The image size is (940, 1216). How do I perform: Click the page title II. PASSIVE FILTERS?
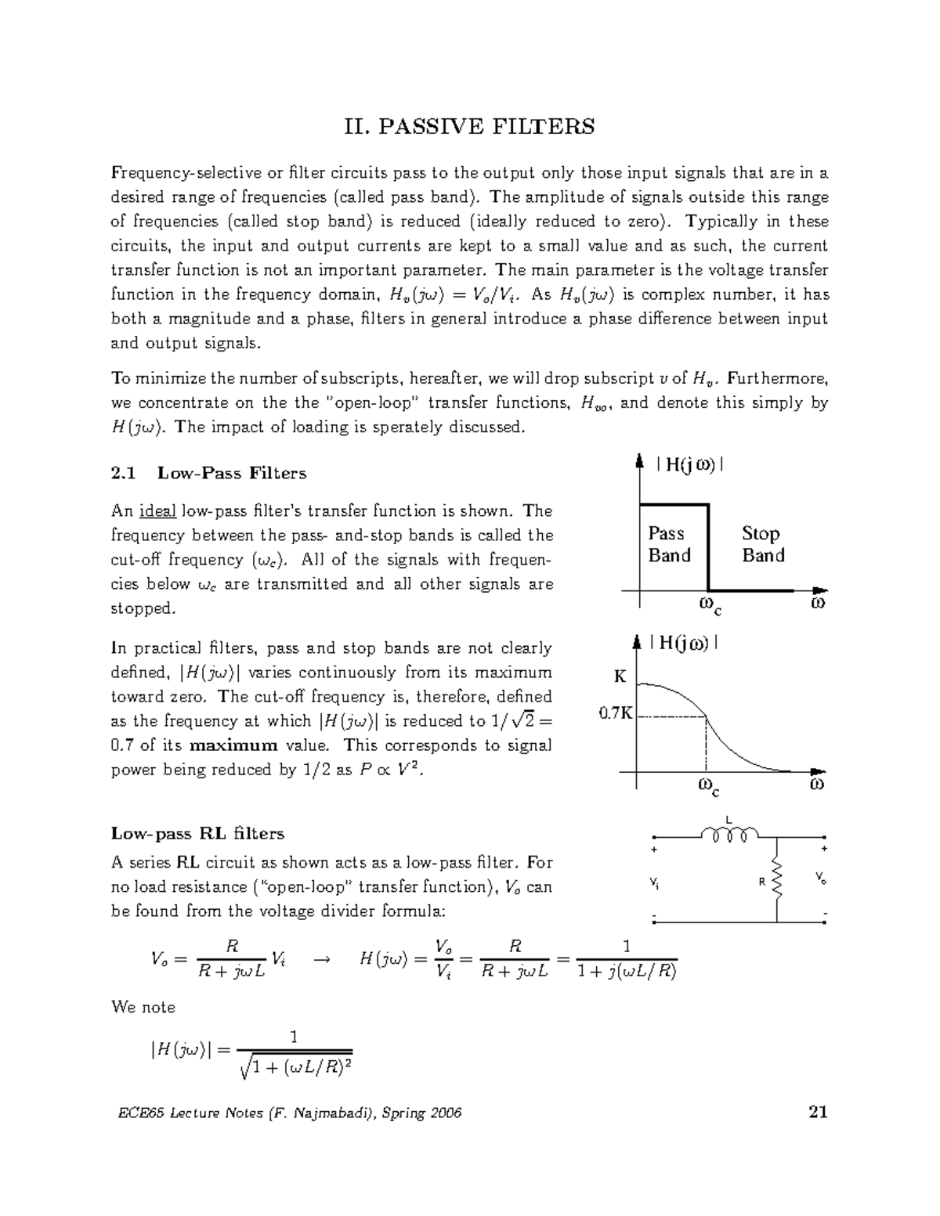click(x=469, y=126)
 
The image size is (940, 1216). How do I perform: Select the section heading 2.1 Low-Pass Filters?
click(x=208, y=473)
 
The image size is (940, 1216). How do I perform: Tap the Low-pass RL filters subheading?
click(x=197, y=833)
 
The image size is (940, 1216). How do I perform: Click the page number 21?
click(x=818, y=1112)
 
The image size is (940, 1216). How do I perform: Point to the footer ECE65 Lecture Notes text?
click(x=286, y=1113)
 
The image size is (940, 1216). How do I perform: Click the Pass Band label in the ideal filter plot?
click(x=669, y=544)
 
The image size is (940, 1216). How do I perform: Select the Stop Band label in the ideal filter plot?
click(x=762, y=544)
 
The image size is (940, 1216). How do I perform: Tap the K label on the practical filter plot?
click(x=620, y=677)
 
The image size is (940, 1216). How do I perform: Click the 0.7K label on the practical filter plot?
click(x=615, y=713)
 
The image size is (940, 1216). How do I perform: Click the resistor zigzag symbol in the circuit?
click(x=777, y=881)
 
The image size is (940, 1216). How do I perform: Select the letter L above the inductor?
click(x=728, y=819)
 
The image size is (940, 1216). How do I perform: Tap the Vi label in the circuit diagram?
click(x=654, y=882)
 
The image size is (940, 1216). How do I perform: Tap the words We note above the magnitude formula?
click(x=143, y=1007)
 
